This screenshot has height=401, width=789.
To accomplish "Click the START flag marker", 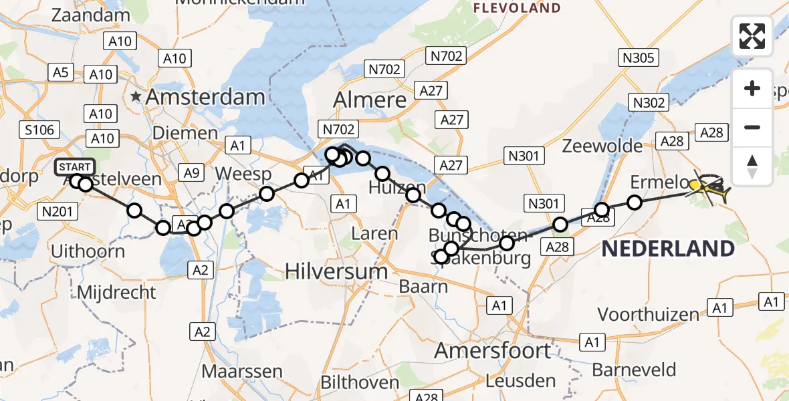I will (75, 167).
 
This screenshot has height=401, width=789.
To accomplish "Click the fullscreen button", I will (752, 35).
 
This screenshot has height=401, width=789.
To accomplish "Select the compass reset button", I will (752, 166).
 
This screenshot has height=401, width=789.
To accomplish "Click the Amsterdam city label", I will (205, 98).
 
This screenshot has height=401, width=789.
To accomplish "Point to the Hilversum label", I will (336, 271).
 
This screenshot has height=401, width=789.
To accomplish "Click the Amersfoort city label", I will (493, 351).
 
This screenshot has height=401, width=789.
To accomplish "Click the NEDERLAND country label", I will (668, 249).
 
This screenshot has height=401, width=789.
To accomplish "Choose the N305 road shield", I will (638, 58).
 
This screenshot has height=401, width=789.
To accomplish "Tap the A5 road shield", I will (60, 72).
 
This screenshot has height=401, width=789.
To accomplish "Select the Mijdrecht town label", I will (116, 293).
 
